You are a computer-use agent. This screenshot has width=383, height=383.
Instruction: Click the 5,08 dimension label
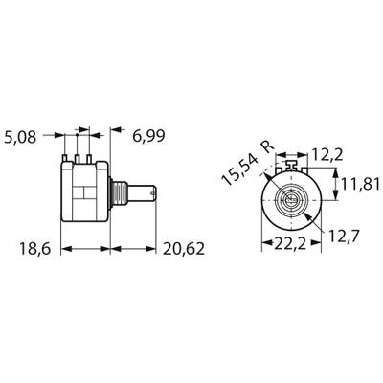[x=20, y=137]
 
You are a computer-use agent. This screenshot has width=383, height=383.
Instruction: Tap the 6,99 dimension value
[x=148, y=136]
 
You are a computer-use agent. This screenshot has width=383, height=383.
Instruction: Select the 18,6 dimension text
[x=35, y=249]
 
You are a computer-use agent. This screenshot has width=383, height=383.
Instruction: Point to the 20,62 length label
[x=184, y=249]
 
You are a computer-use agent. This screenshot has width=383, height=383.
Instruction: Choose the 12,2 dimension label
[x=327, y=155]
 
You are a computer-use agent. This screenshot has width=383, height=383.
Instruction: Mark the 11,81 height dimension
[x=361, y=185]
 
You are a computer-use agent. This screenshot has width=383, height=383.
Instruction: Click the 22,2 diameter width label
[x=290, y=244]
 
